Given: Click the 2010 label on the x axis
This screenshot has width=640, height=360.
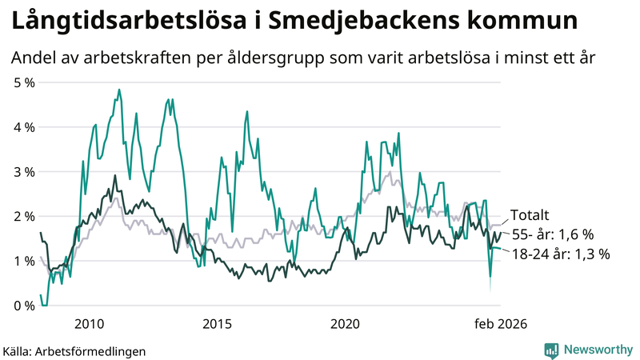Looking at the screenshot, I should tap(89, 324).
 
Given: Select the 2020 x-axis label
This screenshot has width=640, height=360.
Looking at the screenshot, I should tap(345, 324).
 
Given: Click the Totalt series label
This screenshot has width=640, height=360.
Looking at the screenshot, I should tap(530, 214).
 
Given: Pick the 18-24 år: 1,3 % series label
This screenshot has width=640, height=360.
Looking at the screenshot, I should tap(560, 254).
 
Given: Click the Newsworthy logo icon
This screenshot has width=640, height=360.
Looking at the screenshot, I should tap(551, 350).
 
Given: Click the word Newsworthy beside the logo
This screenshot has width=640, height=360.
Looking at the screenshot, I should tap(597, 350).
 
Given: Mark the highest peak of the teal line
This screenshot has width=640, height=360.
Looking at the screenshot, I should tap(119, 90).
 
